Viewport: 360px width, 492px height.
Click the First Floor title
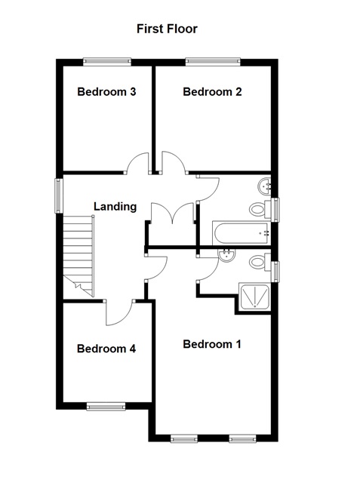click(x=167, y=29)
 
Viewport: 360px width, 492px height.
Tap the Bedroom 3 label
click(x=107, y=92)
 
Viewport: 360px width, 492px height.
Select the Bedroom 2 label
click(x=212, y=92)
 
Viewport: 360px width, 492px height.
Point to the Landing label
click(x=115, y=206)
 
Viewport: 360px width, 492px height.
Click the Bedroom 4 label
click(x=106, y=349)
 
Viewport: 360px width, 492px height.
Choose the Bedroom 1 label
click(x=212, y=344)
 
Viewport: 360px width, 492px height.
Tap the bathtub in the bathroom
click(x=241, y=234)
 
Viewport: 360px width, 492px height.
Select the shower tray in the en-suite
click(x=254, y=297)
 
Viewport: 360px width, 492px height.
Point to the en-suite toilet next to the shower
click(x=260, y=262)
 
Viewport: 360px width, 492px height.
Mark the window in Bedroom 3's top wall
click(x=107, y=63)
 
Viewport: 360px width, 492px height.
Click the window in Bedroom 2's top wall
click(x=213, y=63)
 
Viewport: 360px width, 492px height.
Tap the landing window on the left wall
click(x=57, y=194)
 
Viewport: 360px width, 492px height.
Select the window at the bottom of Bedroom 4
click(x=106, y=407)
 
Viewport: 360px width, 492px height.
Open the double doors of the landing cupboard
click(x=173, y=214)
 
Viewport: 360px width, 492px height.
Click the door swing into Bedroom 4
click(x=119, y=311)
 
